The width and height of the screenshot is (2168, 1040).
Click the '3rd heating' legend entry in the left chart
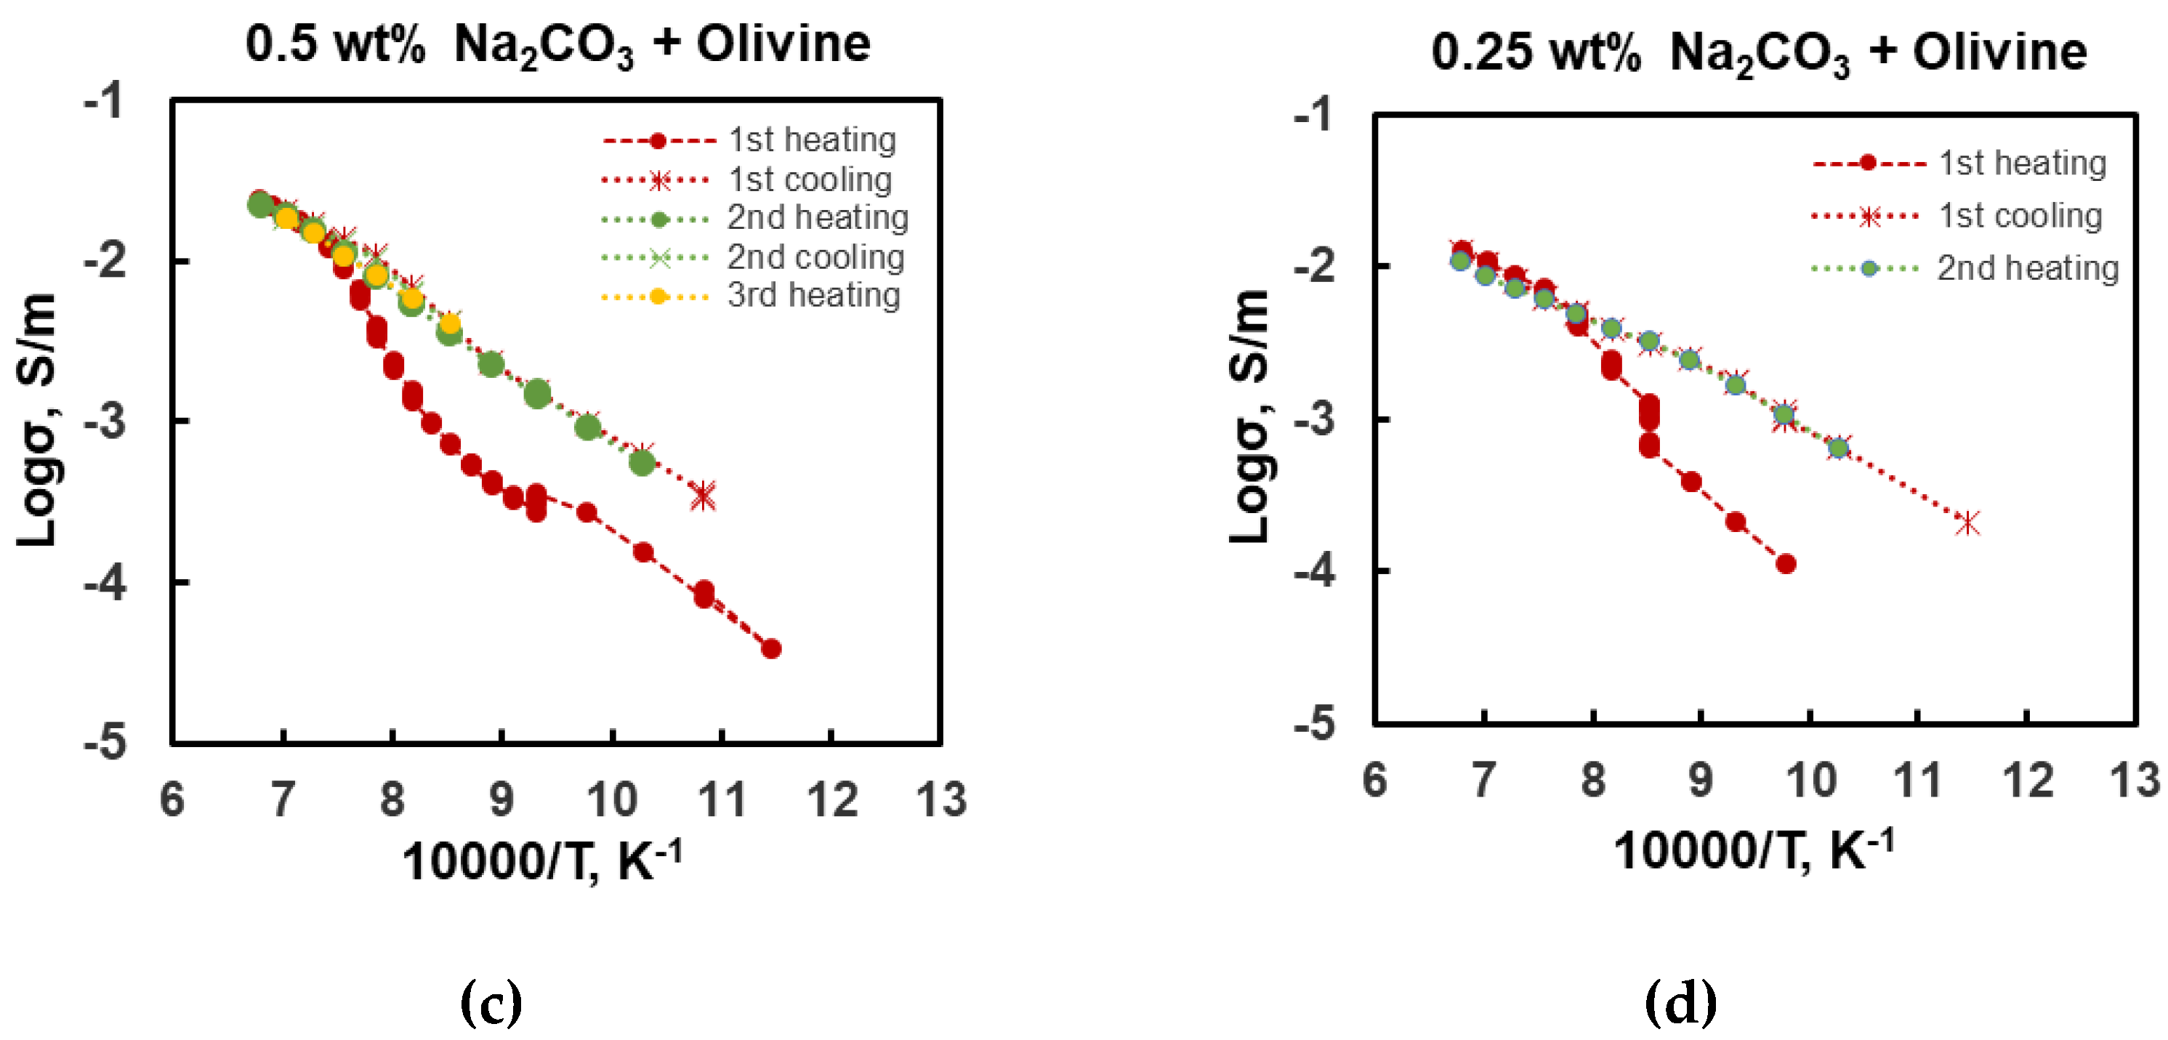point(813,295)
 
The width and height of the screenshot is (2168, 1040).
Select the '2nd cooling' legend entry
point(815,257)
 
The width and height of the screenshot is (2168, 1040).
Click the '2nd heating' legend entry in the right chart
point(2026,268)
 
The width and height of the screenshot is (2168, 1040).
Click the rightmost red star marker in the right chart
point(1967,523)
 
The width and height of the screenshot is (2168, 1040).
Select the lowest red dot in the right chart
point(1786,564)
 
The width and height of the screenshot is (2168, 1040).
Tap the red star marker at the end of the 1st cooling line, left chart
point(704,496)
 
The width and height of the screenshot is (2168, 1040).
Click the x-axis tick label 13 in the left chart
point(941,799)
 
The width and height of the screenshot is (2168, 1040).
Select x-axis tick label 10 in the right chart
point(1810,781)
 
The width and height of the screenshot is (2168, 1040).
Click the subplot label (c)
point(491,1001)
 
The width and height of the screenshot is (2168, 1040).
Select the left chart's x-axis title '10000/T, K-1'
point(541,860)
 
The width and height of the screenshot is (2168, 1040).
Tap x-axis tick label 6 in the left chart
point(172,799)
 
